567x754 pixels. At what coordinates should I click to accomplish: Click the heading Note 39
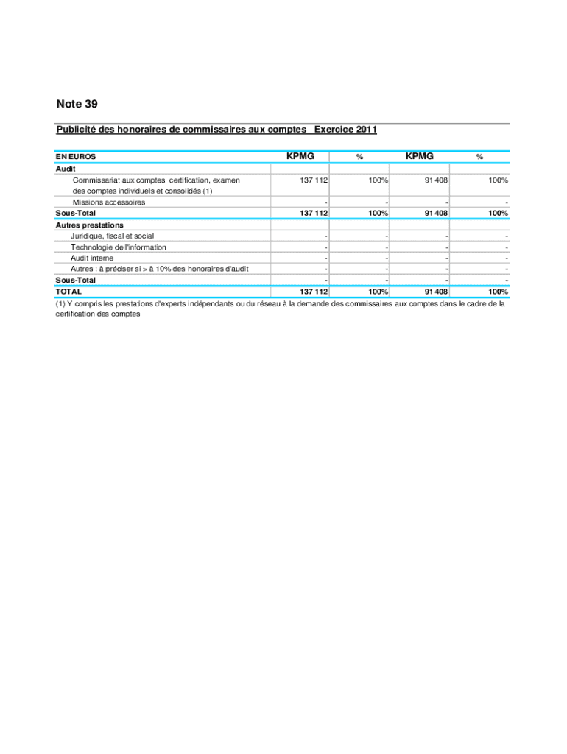77,105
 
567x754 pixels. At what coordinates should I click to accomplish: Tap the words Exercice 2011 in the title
345,130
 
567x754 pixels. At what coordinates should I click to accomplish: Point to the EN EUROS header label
76,157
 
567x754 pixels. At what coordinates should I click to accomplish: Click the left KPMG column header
300,156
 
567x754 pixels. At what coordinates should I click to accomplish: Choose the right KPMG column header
419,156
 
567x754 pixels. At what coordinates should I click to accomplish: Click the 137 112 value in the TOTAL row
313,292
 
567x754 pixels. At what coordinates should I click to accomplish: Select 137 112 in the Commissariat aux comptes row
313,180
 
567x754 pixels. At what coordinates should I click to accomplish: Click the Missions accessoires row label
108,202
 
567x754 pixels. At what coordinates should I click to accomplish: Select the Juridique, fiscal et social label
112,236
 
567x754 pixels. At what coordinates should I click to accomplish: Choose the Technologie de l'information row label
118,247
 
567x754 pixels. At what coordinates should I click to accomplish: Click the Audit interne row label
92,258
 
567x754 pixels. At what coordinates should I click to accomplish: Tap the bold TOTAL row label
69,292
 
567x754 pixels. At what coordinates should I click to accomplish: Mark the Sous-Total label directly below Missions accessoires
76,214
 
